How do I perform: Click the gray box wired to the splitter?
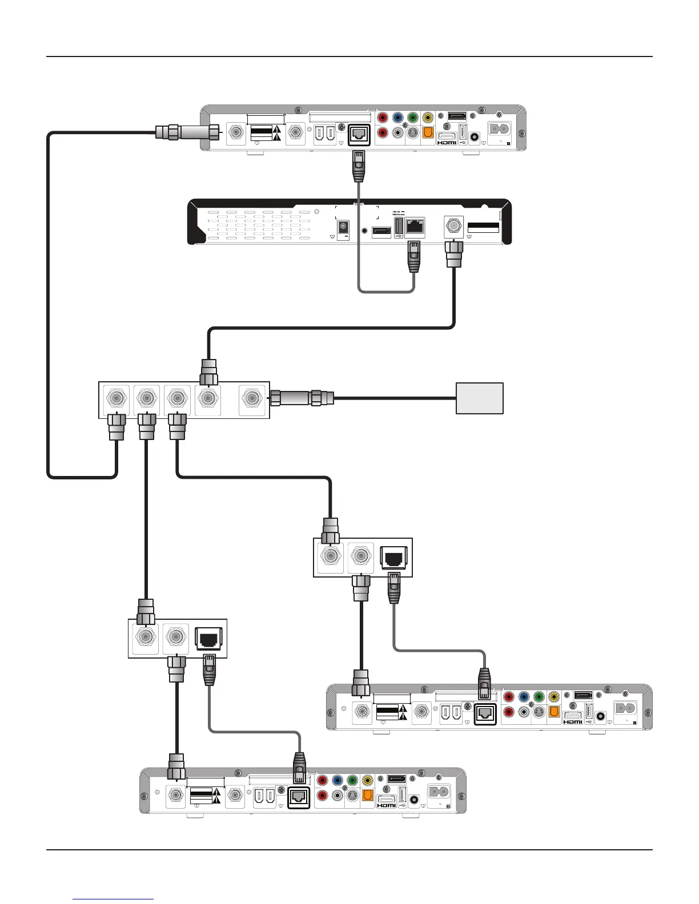coord(479,398)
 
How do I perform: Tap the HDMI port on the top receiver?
coord(447,138)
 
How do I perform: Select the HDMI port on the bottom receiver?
coord(386,801)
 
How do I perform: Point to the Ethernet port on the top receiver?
coord(359,134)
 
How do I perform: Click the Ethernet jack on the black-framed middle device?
coord(415,227)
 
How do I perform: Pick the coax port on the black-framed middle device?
coord(454,227)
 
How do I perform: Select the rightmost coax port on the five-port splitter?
coord(251,398)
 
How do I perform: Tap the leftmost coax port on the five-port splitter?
coord(115,398)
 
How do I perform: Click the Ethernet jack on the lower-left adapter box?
coord(210,637)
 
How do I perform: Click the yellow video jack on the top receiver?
coord(428,118)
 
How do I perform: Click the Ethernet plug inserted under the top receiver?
coord(358,166)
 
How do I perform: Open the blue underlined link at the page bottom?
coord(113,899)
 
